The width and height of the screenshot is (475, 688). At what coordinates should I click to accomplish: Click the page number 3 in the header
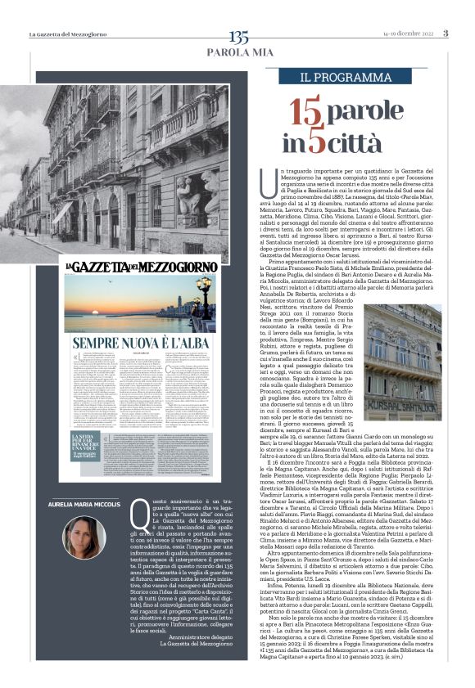pyautogui.click(x=446, y=34)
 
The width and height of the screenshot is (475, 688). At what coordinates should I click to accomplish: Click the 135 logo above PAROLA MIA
pyautogui.click(x=238, y=37)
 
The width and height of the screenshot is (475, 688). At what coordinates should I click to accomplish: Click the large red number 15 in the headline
pyautogui.click(x=305, y=110)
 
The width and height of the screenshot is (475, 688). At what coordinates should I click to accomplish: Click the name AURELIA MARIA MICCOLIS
pyautogui.click(x=84, y=505)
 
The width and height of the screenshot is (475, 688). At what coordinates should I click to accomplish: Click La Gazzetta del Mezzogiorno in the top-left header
pyautogui.click(x=69, y=34)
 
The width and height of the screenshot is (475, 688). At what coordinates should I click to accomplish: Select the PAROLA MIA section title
pyautogui.click(x=238, y=52)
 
